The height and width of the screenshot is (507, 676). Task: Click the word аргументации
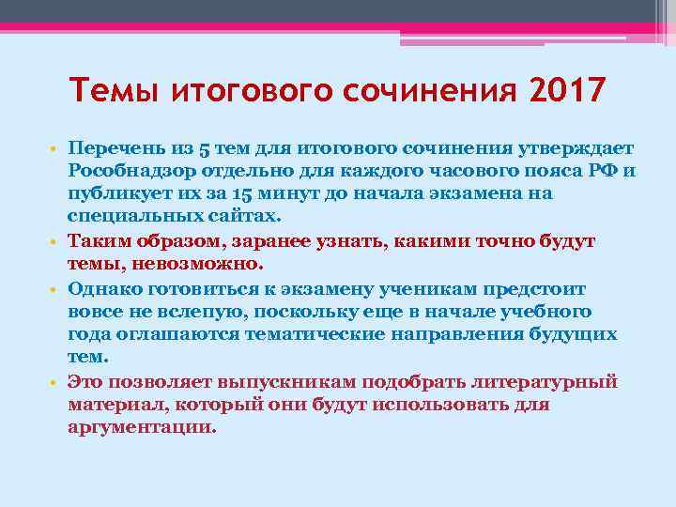pos(142,426)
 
